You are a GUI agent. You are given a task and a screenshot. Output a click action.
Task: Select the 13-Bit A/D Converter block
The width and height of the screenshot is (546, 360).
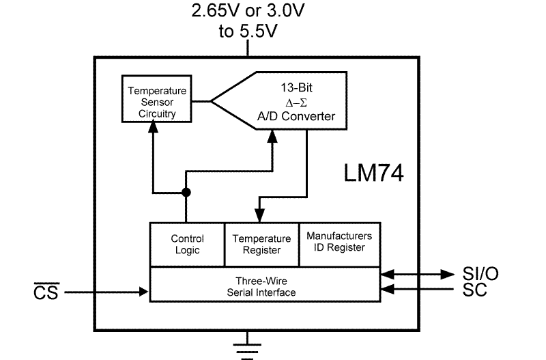293,102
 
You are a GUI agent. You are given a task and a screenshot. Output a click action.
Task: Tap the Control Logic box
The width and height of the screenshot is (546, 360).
186,245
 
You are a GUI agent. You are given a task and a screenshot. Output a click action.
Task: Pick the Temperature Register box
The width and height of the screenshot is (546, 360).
261,245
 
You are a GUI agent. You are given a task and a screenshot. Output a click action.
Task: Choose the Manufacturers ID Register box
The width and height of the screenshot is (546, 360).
339,241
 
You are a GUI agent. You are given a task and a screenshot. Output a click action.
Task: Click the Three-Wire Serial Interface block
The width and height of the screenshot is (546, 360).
264,286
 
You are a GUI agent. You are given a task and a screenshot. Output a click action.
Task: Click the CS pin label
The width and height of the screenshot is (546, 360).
46,292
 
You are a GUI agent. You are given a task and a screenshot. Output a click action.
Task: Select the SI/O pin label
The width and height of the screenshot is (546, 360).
480,274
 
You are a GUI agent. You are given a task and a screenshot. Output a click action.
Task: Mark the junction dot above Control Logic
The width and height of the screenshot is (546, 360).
186,193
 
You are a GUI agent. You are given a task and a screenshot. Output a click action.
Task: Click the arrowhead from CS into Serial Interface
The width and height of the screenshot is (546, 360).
144,292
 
